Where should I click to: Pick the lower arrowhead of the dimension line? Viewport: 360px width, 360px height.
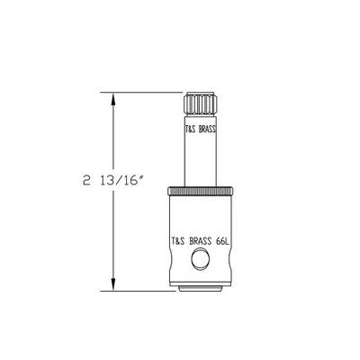(x=112, y=286)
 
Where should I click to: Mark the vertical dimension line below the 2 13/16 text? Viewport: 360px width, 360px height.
(x=112, y=234)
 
